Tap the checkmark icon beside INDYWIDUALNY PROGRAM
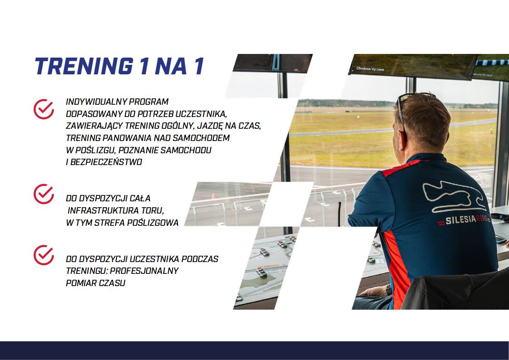click(44, 109)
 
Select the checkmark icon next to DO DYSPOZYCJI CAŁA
click(44, 194)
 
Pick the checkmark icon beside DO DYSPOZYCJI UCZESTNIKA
click(44, 255)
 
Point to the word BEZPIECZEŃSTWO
click(106, 162)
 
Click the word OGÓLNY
click(177, 126)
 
